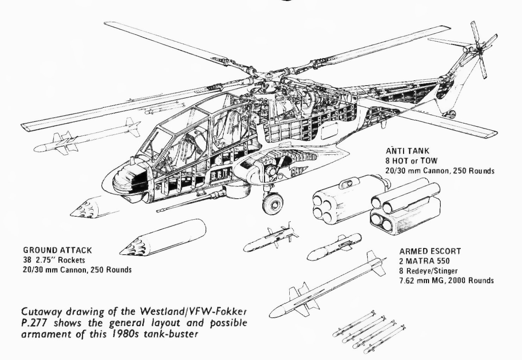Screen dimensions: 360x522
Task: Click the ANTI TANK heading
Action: tap(407, 151)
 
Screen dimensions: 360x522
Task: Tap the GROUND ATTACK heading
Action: tap(57, 250)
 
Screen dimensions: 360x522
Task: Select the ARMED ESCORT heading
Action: tap(430, 252)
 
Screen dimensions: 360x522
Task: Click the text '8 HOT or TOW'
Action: tap(411, 161)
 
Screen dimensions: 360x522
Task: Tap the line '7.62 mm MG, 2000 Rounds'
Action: tap(446, 280)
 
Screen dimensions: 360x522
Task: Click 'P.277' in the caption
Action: tap(34, 323)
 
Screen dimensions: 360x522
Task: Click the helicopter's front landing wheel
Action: tap(272, 204)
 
